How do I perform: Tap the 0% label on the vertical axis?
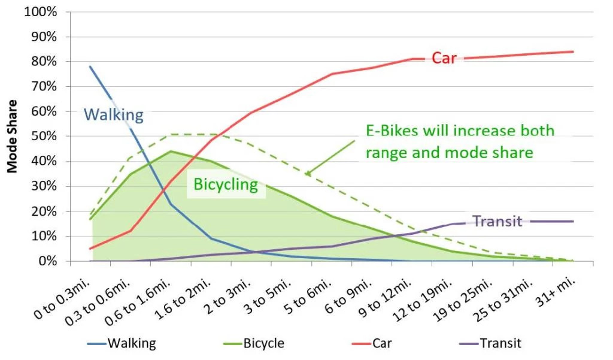coord(50,262)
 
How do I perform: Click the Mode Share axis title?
coord(12,137)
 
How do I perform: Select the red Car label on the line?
coord(444,58)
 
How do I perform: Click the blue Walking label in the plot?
coord(113,114)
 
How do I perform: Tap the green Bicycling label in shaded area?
coord(226,184)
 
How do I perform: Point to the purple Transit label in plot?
coord(498,221)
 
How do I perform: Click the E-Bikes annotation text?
coord(460,142)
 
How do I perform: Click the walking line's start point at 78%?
coord(90,66)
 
